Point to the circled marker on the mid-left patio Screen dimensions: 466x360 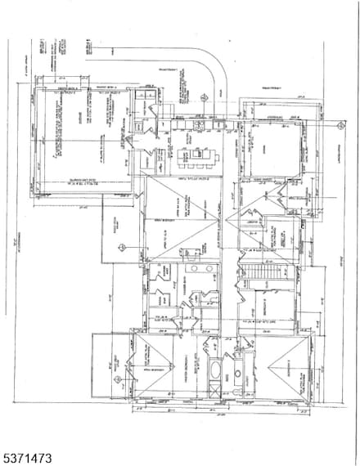tap(121, 246)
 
